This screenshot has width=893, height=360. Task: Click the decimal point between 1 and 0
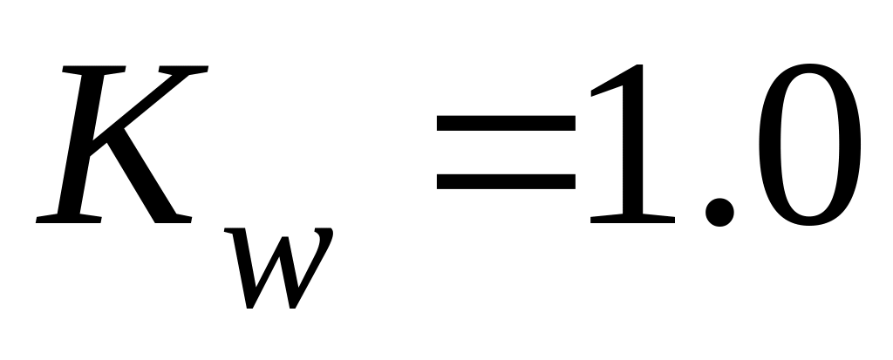(718, 209)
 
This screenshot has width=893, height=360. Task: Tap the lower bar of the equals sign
(506, 182)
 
